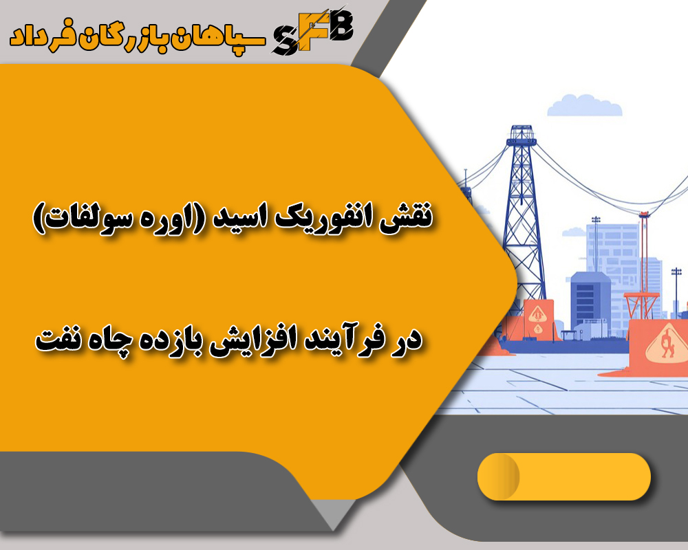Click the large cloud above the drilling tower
(x=584, y=105)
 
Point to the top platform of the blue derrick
(x=520, y=140)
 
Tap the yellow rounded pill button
(x=563, y=476)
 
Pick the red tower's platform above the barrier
(x=641, y=296)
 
